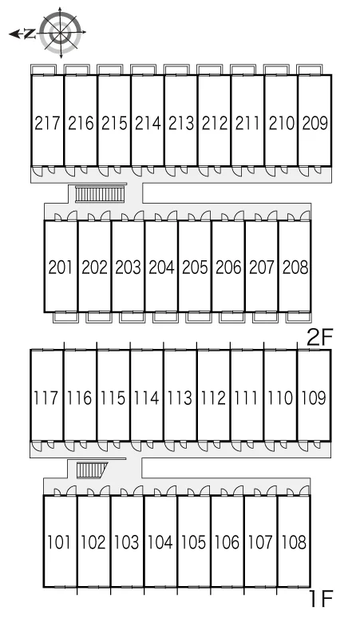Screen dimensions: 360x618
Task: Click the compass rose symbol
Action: point(61,33)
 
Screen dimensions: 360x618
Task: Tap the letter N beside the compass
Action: point(29,34)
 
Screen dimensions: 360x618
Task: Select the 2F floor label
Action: point(320,338)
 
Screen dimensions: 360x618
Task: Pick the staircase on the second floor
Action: point(100,194)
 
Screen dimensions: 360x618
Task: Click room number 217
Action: point(47,124)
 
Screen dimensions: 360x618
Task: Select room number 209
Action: point(315,124)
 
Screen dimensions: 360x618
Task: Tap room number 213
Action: point(181,124)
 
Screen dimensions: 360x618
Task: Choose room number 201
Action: point(60,267)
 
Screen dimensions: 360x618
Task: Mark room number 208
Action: point(295,267)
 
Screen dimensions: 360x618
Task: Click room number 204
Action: point(161,267)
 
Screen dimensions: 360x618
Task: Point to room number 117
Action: point(46,398)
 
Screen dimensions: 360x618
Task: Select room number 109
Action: point(314,398)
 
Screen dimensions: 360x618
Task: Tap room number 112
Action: point(213,398)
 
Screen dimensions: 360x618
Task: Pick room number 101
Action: point(59,542)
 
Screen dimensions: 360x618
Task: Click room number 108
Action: point(294,542)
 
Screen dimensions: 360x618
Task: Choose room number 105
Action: point(193,542)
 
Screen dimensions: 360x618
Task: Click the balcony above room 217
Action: point(44,69)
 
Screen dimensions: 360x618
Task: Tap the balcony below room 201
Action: point(65,317)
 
